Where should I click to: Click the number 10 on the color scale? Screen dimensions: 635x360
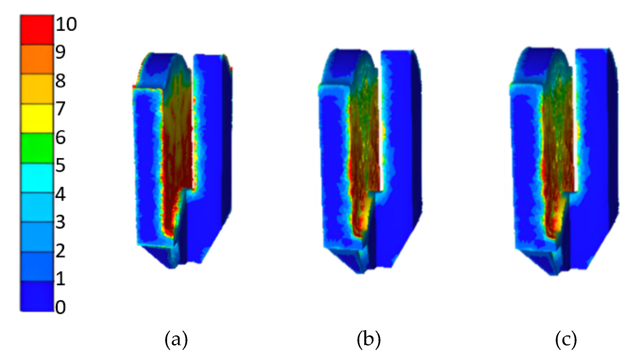66,24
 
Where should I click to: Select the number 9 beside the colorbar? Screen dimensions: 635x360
60,52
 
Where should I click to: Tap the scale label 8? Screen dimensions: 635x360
61,81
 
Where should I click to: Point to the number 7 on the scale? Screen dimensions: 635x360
61,109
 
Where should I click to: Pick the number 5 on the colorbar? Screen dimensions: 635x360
61,165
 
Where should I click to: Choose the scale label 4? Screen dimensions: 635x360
61,194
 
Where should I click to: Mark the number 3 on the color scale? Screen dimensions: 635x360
61,222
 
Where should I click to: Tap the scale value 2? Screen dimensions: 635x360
61,250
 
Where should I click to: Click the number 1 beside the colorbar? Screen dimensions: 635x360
61,279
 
